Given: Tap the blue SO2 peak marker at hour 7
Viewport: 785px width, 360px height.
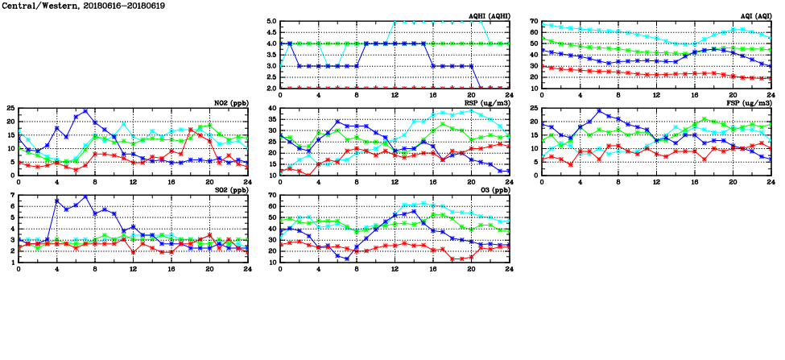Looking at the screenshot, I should [85, 197].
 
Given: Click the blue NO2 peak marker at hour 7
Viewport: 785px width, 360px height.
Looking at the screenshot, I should [85, 111].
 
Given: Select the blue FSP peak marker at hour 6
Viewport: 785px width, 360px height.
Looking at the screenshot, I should [599, 111].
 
